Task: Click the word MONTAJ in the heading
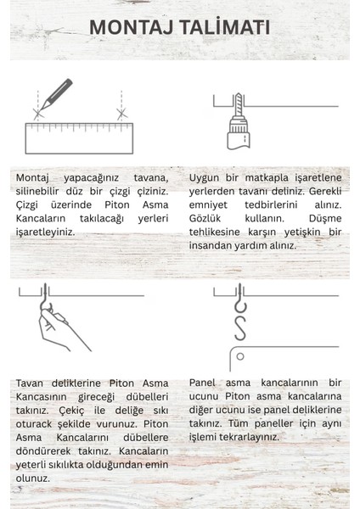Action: [x=133, y=27]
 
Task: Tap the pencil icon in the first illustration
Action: [x=56, y=92]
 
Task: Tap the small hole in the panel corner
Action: [x=240, y=355]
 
